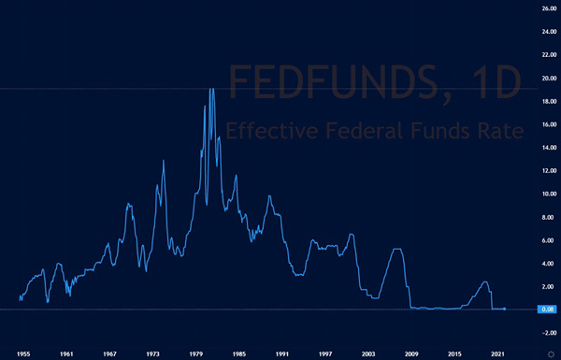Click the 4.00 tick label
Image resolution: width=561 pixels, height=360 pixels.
pos(543,263)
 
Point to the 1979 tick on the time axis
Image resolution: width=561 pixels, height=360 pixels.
pos(196,353)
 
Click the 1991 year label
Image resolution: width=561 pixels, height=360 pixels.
pos(282,353)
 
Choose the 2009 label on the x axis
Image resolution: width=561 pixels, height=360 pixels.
pos(411,353)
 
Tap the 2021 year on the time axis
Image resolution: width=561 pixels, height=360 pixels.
pos(498,353)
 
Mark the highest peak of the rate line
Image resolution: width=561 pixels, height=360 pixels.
pos(211,89)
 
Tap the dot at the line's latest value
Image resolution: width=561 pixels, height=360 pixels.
pos(505,308)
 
